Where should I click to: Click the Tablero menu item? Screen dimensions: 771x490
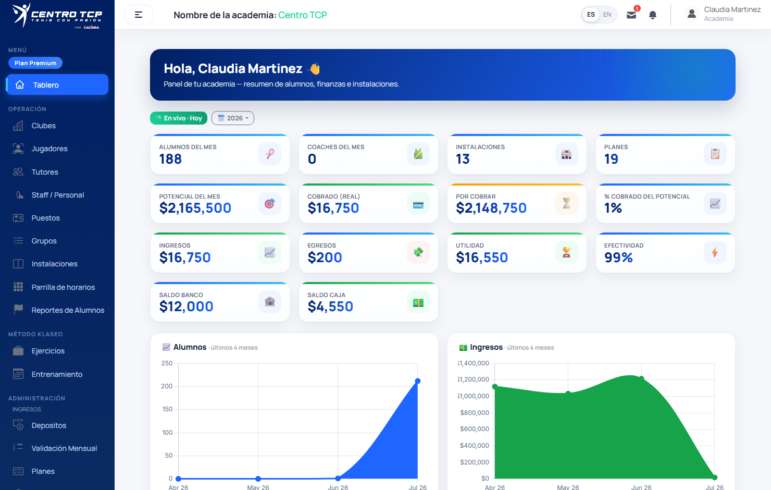click(x=57, y=85)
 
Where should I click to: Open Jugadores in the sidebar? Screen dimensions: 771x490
click(x=49, y=149)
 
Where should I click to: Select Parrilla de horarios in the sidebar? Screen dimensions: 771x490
click(x=63, y=287)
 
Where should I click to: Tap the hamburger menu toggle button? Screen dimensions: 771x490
click(x=139, y=15)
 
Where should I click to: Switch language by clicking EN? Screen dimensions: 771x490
click(x=607, y=15)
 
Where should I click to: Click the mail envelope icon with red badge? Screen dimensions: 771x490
click(x=631, y=15)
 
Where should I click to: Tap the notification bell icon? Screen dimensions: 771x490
click(x=653, y=15)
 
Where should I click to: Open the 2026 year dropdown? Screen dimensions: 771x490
click(x=233, y=118)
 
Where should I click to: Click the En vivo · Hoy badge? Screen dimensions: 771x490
click(x=179, y=118)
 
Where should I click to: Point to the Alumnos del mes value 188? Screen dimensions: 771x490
click(x=170, y=159)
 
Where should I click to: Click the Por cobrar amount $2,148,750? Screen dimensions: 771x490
click(x=491, y=208)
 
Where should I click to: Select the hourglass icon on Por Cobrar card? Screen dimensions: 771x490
click(x=567, y=203)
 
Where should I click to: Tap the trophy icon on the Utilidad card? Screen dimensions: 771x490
click(x=567, y=252)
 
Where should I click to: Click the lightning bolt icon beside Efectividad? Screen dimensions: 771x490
click(x=715, y=252)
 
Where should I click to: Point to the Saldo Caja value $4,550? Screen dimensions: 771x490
click(x=330, y=307)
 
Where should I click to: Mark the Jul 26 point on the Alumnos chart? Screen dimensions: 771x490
click(x=417, y=381)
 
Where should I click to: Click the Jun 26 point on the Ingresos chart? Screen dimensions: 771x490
click(x=641, y=378)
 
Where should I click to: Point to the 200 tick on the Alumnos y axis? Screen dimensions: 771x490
click(x=167, y=386)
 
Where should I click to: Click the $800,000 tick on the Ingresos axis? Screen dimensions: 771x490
click(x=474, y=412)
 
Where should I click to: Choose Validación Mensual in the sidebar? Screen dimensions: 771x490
click(x=64, y=448)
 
